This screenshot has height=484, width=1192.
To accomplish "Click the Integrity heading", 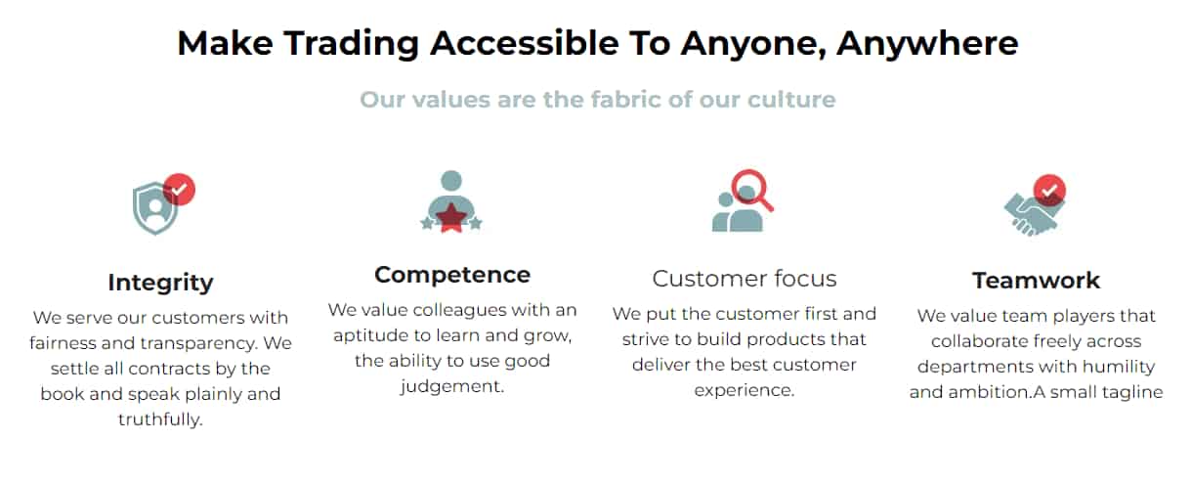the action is click(160, 283).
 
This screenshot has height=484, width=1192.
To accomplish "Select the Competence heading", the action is click(452, 275).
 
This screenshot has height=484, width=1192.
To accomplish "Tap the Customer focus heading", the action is click(745, 279).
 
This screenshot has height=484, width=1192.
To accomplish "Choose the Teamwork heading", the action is click(1036, 281).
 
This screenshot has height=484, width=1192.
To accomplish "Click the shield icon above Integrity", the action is click(154, 208).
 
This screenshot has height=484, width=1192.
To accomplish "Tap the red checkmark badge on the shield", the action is click(180, 189).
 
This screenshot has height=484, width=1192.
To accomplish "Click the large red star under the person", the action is click(451, 217).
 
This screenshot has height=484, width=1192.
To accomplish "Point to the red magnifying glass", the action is click(752, 190).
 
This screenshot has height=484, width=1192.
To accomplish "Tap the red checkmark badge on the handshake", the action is click(1049, 191).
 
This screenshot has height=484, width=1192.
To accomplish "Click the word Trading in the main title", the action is click(352, 44).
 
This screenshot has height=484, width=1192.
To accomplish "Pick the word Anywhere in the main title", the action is click(927, 43).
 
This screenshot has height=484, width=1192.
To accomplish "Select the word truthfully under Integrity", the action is click(160, 419).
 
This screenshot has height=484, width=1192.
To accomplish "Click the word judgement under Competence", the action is click(451, 386).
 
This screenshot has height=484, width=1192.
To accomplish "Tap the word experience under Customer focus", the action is click(744, 391).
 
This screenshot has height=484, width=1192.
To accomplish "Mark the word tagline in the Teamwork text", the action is click(1132, 392).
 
